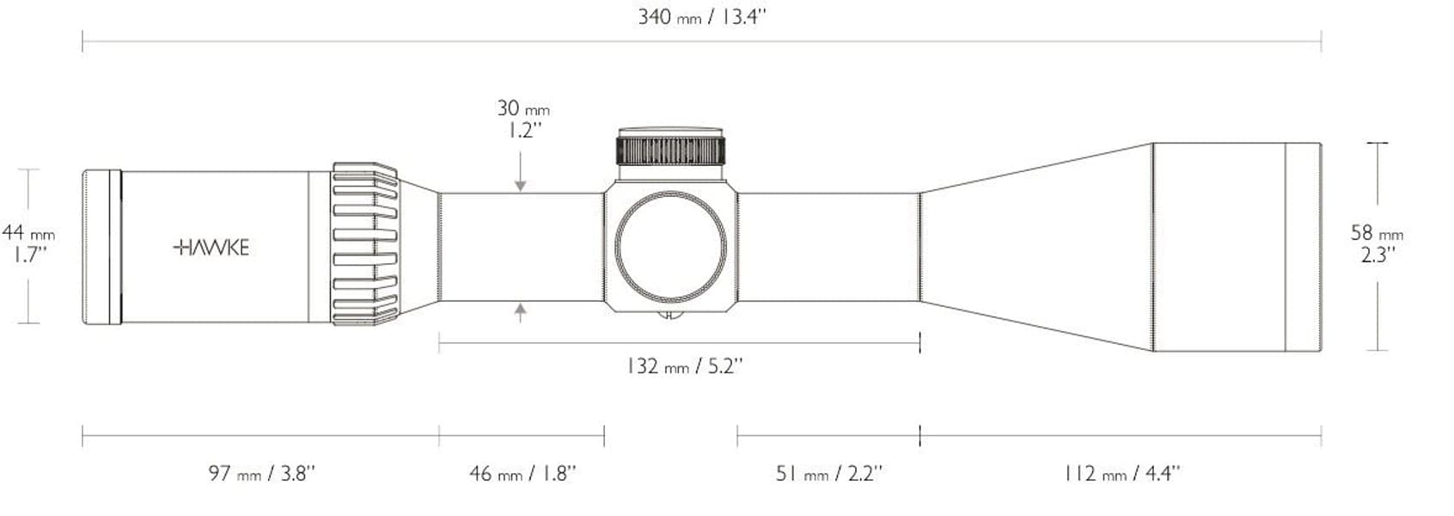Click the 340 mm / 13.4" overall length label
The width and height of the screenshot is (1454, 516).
click(x=701, y=17)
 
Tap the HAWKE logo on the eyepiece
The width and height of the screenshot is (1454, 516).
click(x=211, y=248)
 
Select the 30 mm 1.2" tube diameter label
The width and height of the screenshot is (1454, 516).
click(x=522, y=119)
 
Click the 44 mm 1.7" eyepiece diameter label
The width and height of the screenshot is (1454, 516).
click(x=27, y=244)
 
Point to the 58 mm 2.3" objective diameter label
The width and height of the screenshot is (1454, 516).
click(x=1377, y=243)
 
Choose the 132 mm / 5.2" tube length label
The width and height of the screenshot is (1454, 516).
click(x=684, y=366)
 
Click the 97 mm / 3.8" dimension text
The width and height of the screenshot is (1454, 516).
click(x=261, y=473)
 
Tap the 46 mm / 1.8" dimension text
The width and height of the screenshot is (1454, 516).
click(x=522, y=473)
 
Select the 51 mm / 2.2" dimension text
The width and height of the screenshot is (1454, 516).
click(x=828, y=473)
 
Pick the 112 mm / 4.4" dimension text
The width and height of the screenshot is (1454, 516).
click(x=1121, y=473)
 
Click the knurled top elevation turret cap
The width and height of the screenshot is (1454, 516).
click(x=671, y=149)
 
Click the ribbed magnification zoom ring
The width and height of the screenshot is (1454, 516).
click(x=365, y=245)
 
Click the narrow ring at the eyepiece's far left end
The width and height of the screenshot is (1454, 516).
click(x=101, y=247)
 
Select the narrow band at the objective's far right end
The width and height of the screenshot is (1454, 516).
click(x=1302, y=247)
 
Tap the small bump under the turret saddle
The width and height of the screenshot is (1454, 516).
click(x=670, y=314)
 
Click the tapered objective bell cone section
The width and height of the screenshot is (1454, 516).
click(x=1036, y=247)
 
